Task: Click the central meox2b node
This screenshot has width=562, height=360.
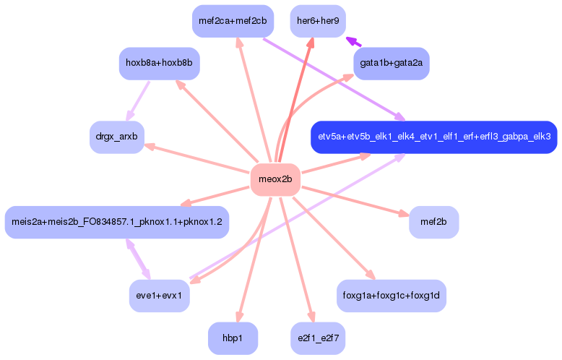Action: tap(275, 179)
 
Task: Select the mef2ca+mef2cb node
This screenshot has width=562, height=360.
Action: tap(233, 21)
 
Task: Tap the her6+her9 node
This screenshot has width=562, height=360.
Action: tap(318, 21)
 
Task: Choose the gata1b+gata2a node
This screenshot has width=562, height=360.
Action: tap(392, 64)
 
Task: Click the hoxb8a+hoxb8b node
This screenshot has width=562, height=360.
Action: tap(159, 64)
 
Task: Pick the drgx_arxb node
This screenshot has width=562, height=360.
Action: tap(117, 137)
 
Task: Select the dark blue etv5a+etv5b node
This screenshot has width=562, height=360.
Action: tap(434, 137)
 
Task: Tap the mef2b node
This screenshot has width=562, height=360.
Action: tap(433, 222)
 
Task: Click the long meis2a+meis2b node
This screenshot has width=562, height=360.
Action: tap(117, 222)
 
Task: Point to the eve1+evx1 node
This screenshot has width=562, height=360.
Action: tap(159, 296)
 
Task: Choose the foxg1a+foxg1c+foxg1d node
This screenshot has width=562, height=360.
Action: tap(392, 296)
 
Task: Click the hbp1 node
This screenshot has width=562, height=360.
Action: tap(233, 338)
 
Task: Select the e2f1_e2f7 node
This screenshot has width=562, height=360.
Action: tap(318, 338)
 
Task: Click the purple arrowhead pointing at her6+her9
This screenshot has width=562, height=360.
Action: tap(353, 42)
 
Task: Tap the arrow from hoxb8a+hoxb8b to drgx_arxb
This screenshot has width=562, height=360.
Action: tap(138, 101)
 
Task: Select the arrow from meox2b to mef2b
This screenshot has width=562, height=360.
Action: tap(355, 201)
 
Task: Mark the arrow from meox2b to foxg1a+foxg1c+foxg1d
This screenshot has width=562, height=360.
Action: tap(334, 238)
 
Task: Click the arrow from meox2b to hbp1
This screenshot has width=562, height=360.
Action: tap(254, 259)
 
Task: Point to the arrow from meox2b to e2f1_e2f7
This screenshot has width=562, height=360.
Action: tap(297, 259)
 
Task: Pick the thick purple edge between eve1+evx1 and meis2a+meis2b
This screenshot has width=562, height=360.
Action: tap(138, 259)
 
